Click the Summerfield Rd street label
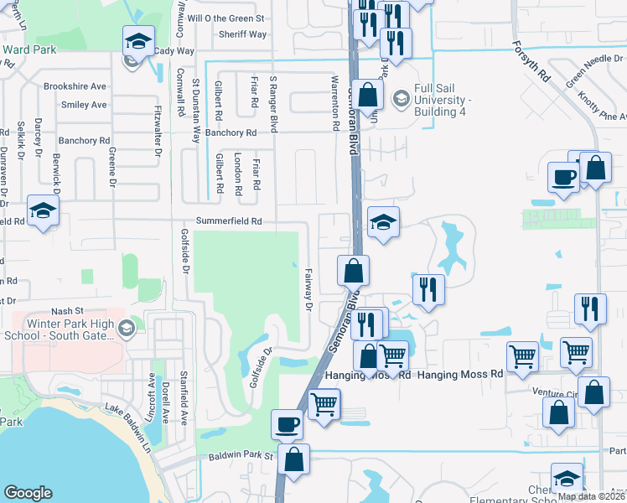pos(229,221)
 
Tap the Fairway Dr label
pos(308,289)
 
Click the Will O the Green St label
pos(226,18)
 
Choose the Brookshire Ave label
pos(75,86)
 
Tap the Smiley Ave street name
pos(84,105)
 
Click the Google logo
pos(28,493)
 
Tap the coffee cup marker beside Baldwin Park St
pos(288,423)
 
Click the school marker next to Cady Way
pos(139,40)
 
